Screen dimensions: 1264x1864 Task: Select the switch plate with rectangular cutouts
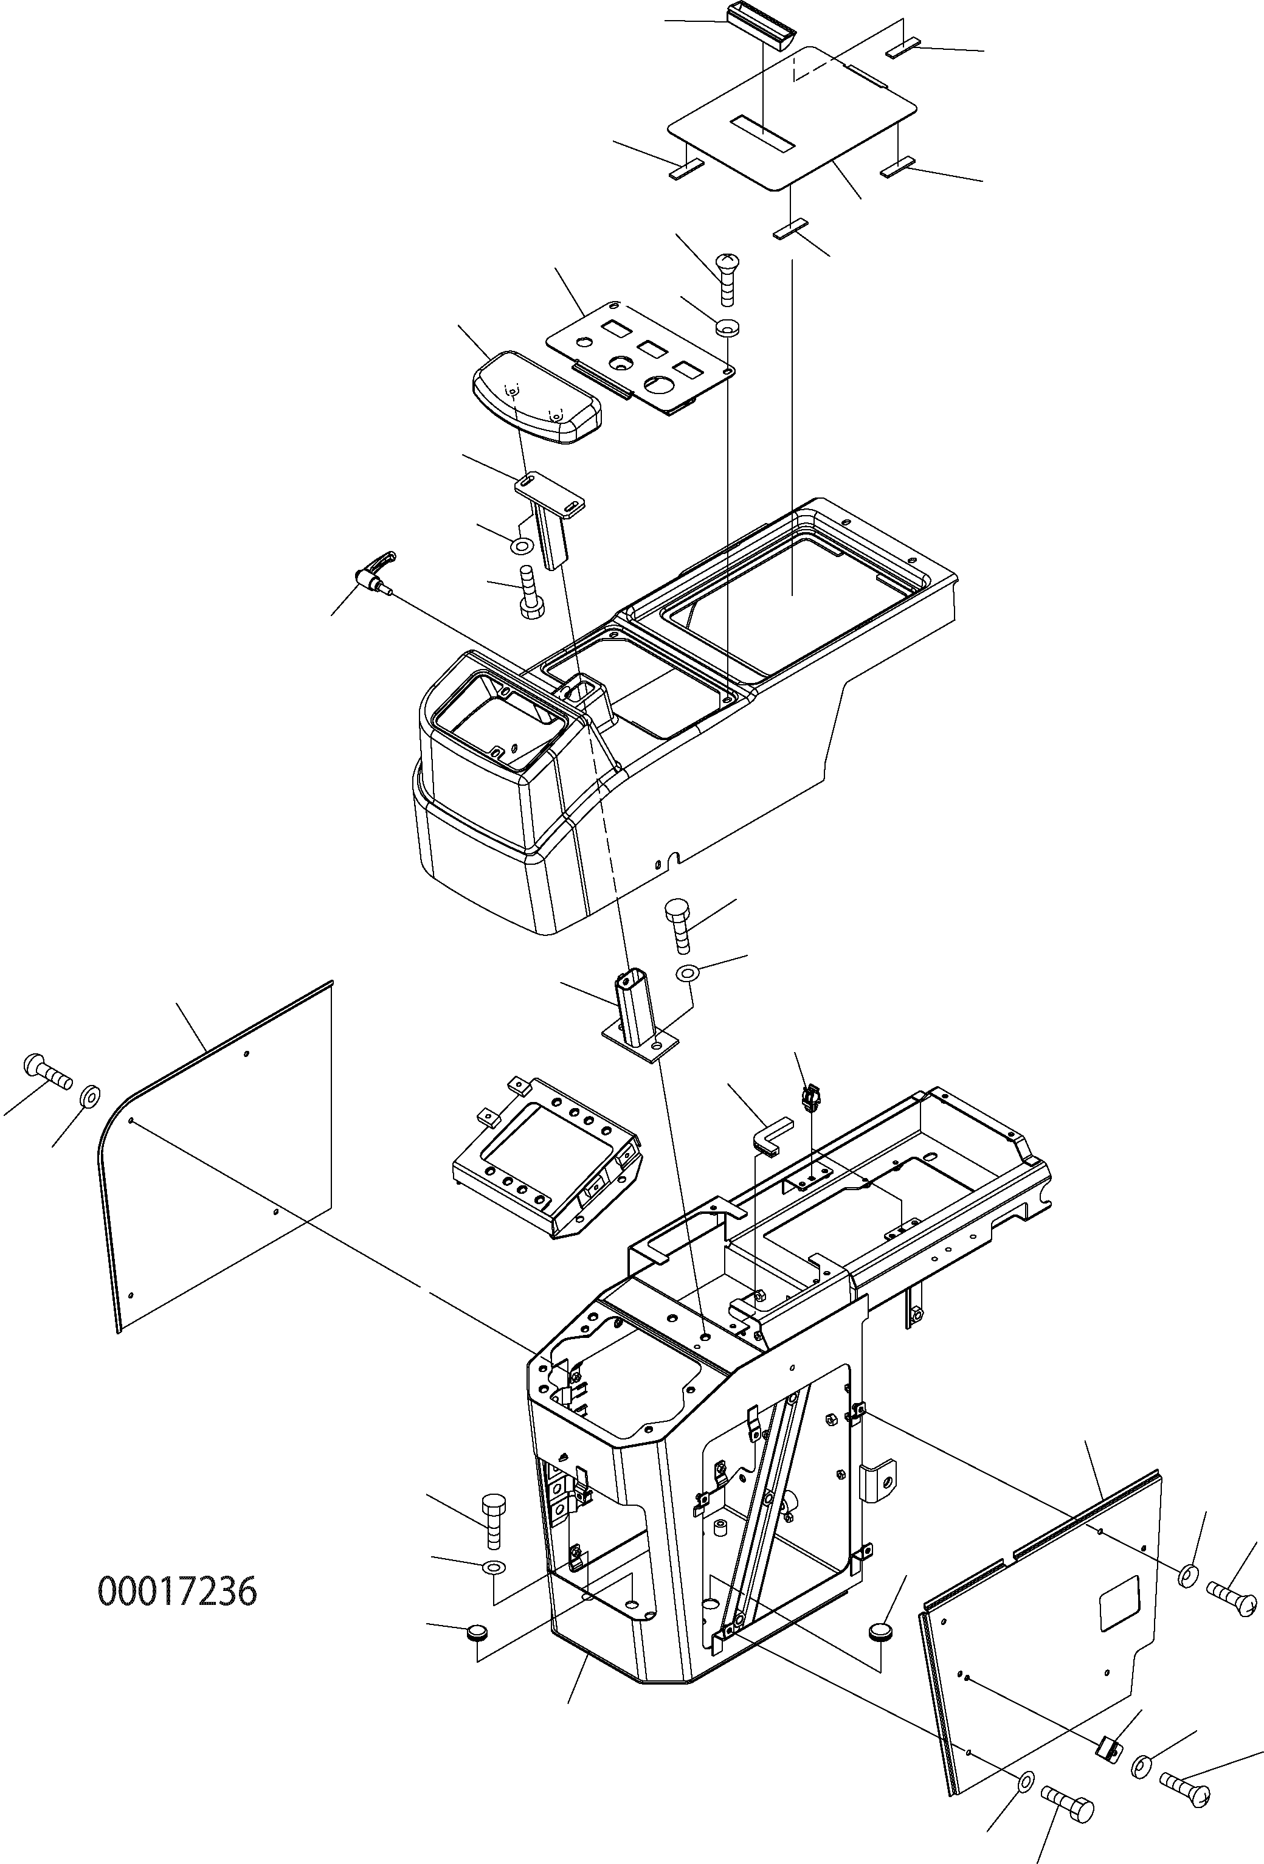(641, 358)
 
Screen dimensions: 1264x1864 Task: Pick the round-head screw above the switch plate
(725, 277)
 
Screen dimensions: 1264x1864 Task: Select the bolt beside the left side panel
(47, 1066)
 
